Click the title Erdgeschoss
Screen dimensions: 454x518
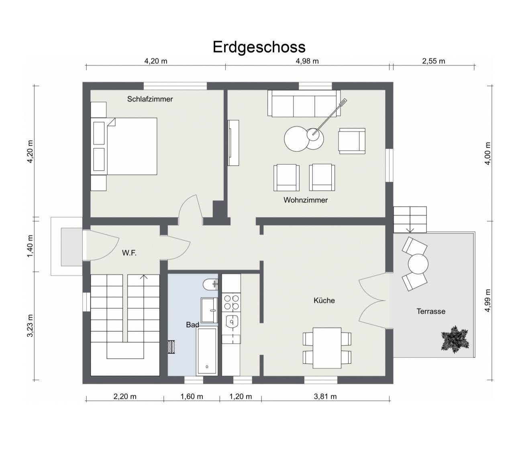click(x=259, y=47)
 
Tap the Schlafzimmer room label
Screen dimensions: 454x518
click(x=150, y=99)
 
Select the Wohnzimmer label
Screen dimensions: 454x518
click(x=306, y=200)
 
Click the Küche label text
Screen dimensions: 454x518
click(x=324, y=300)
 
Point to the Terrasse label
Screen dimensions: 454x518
click(x=430, y=311)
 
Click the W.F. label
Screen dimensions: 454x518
click(x=129, y=253)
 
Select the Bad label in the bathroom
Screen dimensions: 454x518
click(x=192, y=325)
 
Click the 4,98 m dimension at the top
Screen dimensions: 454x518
click(x=307, y=61)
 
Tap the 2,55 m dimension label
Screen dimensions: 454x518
click(x=434, y=61)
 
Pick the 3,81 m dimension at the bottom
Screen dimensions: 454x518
click(x=325, y=397)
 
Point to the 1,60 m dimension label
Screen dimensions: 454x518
click(x=192, y=397)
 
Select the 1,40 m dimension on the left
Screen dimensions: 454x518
click(x=31, y=246)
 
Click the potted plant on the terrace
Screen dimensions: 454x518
click(x=455, y=339)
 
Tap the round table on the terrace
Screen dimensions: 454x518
click(x=418, y=264)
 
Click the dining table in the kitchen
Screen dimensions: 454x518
click(x=327, y=348)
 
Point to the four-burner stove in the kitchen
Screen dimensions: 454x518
click(x=231, y=302)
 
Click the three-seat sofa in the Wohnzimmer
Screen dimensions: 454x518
click(x=304, y=104)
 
